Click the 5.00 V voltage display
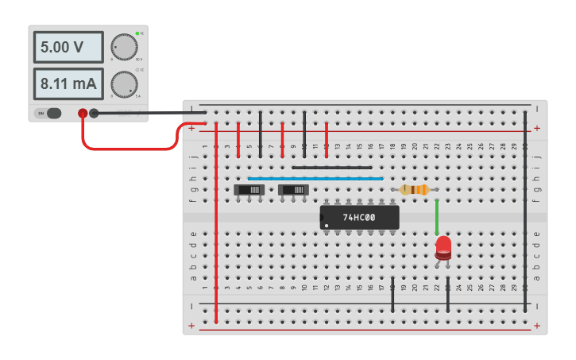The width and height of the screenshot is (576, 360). pyautogui.click(x=68, y=48)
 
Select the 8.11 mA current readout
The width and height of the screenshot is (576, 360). pyautogui.click(x=68, y=83)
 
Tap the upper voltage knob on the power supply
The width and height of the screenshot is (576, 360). pyautogui.click(x=123, y=48)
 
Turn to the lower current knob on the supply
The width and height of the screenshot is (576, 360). pyautogui.click(x=123, y=83)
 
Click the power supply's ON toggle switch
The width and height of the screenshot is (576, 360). pyautogui.click(x=53, y=113)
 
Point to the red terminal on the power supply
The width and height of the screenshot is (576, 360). pyautogui.click(x=83, y=113)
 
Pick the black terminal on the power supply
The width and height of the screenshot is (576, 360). pyautogui.click(x=94, y=113)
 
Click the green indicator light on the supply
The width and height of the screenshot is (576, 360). pyautogui.click(x=137, y=33)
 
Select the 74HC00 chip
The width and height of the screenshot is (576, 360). pyautogui.click(x=359, y=217)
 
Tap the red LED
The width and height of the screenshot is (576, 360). pyautogui.click(x=443, y=246)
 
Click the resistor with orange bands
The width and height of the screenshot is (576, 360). pyautogui.click(x=414, y=189)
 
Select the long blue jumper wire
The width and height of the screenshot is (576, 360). pyautogui.click(x=315, y=179)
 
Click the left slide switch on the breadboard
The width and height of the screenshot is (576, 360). pyautogui.click(x=249, y=190)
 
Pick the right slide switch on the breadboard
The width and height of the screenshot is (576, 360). pyautogui.click(x=294, y=190)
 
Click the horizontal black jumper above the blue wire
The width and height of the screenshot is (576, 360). pyautogui.click(x=331, y=168)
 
